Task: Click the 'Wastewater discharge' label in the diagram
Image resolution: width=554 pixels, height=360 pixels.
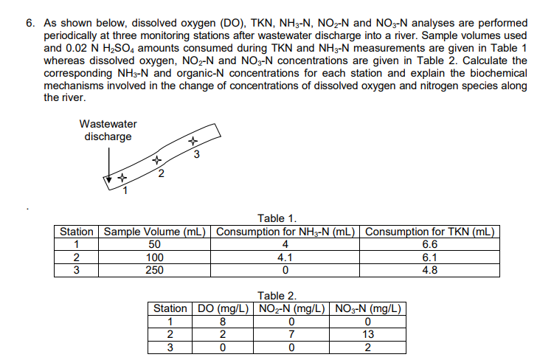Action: click(108, 130)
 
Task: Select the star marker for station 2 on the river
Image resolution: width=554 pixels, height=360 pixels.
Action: click(156, 159)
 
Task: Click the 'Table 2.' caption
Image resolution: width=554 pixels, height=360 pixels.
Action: click(277, 296)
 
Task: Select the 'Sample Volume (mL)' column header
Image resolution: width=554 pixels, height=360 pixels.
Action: click(155, 232)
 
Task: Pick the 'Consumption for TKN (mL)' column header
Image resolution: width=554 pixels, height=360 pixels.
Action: click(432, 232)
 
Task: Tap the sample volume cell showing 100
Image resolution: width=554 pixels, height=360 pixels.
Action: click(155, 257)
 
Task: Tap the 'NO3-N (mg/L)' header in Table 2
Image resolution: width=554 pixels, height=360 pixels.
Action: click(369, 309)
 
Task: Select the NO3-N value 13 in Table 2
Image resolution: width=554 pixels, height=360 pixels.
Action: click(369, 334)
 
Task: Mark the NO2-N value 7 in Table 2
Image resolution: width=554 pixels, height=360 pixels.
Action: click(293, 334)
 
